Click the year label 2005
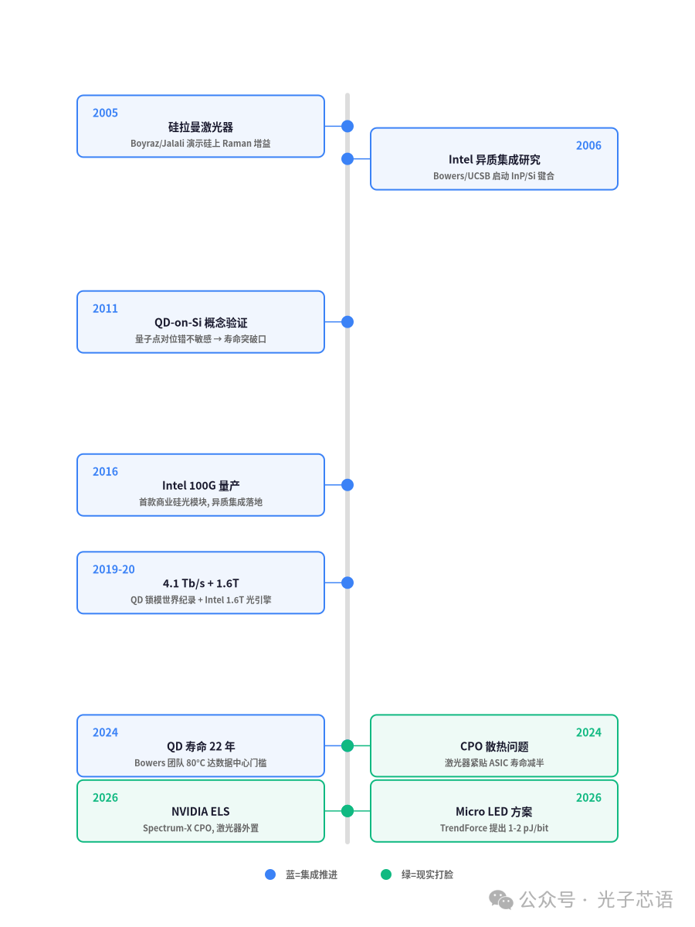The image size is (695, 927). [x=105, y=113]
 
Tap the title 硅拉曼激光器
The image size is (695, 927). [x=201, y=127]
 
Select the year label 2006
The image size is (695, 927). [x=588, y=145]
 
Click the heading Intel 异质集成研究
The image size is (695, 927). [x=493, y=159]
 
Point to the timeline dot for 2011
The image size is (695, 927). [x=347, y=322]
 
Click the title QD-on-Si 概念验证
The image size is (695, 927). [x=201, y=322]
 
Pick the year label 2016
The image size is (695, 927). [x=105, y=471]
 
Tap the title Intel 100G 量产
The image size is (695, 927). [x=201, y=485]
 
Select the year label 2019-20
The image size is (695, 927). [x=114, y=569]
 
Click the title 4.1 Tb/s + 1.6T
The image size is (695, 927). [x=201, y=582]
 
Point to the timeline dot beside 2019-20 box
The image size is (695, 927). [x=347, y=582]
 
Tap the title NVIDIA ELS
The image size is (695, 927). [x=201, y=811]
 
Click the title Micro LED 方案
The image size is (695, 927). [x=493, y=811]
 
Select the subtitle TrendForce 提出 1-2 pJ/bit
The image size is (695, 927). [x=493, y=827]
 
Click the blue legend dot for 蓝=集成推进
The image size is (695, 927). [x=270, y=874]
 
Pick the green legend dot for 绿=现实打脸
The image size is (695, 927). [x=385, y=874]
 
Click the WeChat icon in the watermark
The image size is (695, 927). [x=501, y=899]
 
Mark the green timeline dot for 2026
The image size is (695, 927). [x=347, y=811]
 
